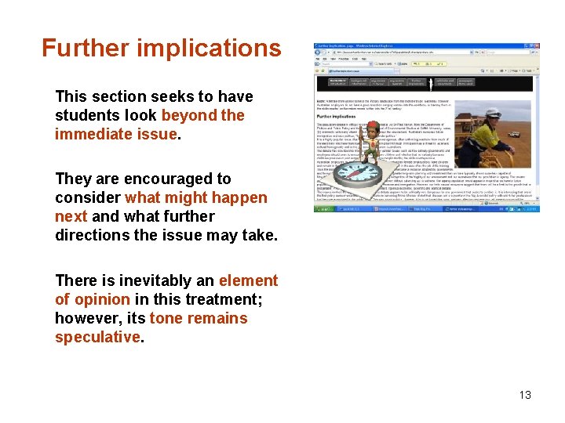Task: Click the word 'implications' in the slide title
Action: [209, 49]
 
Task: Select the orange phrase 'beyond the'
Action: [203, 115]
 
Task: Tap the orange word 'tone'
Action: [167, 318]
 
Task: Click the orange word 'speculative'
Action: [97, 337]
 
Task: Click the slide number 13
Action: [524, 395]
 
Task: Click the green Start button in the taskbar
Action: [323, 208]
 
